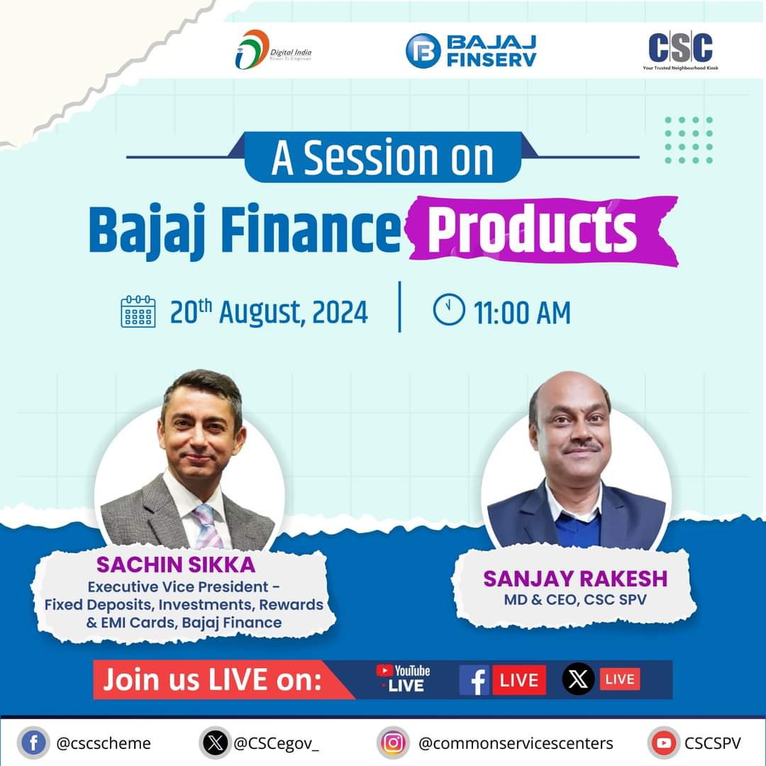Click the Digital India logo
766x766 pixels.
(x=273, y=50)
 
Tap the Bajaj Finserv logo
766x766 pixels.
(x=471, y=50)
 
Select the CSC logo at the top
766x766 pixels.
(x=681, y=49)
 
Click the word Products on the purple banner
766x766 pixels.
(x=533, y=228)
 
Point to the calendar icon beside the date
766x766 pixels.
(x=138, y=312)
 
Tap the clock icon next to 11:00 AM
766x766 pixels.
(x=448, y=311)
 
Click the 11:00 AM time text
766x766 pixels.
(x=522, y=313)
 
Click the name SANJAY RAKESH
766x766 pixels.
(x=575, y=578)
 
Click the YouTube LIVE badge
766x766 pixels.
(x=403, y=679)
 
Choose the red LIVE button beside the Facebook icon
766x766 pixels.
(x=519, y=679)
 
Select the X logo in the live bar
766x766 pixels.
(x=579, y=679)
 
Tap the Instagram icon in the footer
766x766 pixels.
(x=394, y=743)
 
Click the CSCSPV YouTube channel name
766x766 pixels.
(x=712, y=743)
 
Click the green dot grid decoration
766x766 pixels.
(x=689, y=140)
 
